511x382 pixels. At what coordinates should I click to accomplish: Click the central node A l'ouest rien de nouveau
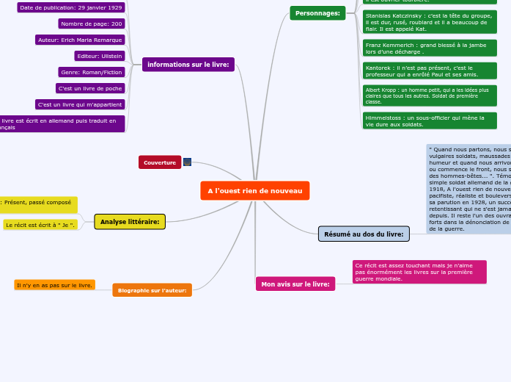[254, 191]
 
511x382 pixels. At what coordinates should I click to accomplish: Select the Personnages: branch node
[317, 13]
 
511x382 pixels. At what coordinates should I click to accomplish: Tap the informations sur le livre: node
[188, 65]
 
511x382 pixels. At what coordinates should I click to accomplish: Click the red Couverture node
[160, 162]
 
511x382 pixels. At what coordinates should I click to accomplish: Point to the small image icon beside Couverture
[187, 162]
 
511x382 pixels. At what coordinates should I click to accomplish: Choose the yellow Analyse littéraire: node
[130, 222]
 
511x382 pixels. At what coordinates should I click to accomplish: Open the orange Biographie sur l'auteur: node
[152, 290]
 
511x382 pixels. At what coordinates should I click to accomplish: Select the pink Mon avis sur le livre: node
[295, 284]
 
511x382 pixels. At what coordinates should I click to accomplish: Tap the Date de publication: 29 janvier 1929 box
[71, 7]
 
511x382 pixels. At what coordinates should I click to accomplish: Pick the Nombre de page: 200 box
[91, 24]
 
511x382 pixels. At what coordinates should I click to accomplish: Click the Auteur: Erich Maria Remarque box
[81, 40]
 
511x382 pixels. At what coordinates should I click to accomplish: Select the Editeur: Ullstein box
[99, 56]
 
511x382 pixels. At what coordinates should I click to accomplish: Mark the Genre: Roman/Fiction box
[91, 72]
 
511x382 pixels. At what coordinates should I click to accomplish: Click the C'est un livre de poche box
[89, 88]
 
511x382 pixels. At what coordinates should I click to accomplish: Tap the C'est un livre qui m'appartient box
[80, 104]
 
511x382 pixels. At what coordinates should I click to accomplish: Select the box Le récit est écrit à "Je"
[40, 225]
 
